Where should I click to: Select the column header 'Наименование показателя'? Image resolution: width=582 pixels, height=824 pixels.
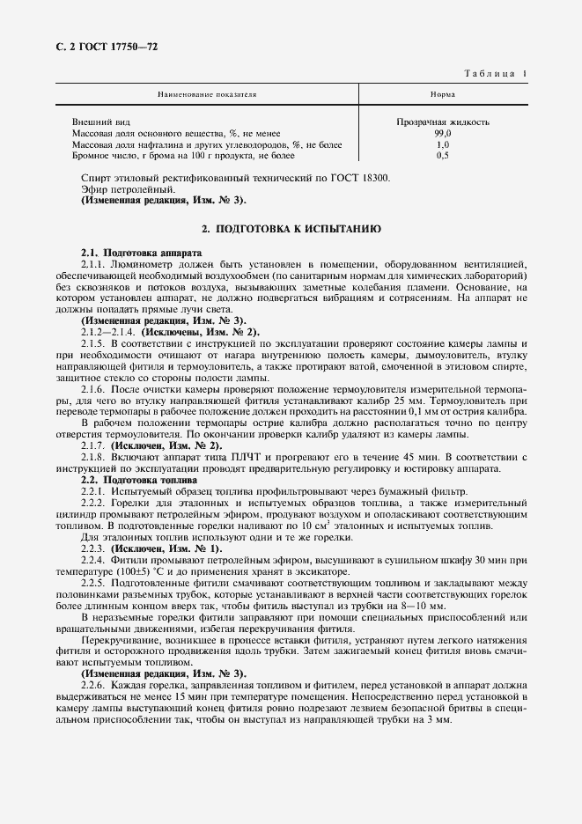(x=207, y=92)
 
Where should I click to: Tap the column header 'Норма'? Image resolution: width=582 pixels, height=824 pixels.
(x=442, y=92)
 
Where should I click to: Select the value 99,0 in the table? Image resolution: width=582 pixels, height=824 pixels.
(x=442, y=133)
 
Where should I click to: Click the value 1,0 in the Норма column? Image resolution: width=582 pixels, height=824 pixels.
(x=442, y=143)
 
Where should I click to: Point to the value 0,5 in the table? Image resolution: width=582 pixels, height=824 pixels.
(x=442, y=155)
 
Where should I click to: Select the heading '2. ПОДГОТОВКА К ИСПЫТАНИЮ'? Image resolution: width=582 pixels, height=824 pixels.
(x=291, y=229)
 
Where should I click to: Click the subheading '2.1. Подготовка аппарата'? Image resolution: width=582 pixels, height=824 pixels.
(x=129, y=252)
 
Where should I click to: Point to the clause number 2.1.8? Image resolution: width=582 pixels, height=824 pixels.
(x=92, y=457)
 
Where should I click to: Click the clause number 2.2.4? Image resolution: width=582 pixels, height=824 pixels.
(x=92, y=560)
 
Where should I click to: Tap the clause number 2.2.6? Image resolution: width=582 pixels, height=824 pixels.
(x=92, y=686)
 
